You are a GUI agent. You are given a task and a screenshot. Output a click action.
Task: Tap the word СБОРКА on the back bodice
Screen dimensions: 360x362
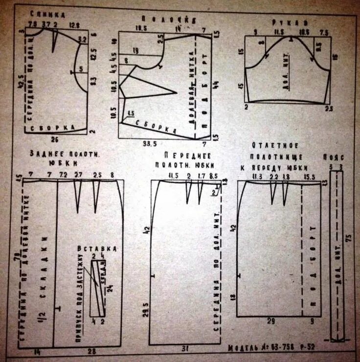[x=52, y=128]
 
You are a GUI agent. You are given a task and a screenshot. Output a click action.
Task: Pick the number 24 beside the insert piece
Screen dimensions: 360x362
[x=111, y=288]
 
